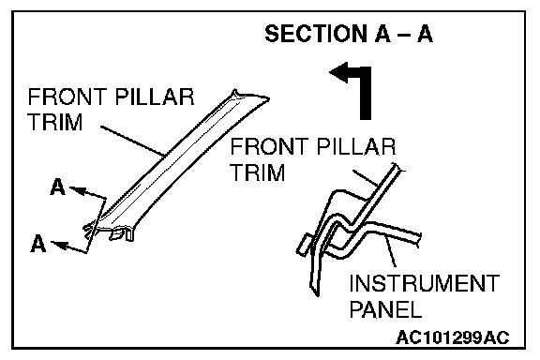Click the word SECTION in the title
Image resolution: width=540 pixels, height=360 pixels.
click(x=317, y=34)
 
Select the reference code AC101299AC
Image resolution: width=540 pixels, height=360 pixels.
click(x=453, y=337)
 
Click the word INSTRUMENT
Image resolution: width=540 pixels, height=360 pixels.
click(x=425, y=283)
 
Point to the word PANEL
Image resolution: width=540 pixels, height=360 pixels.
click(x=385, y=308)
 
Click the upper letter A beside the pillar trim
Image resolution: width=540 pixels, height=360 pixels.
click(x=57, y=187)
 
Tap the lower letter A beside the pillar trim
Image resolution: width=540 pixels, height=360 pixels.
click(x=37, y=243)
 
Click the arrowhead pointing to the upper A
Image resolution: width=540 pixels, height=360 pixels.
click(x=77, y=190)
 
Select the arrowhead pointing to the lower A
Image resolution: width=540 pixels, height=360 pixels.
click(x=58, y=245)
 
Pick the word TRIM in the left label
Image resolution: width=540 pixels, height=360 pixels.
click(x=55, y=122)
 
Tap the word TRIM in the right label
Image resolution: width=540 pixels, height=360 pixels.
click(x=258, y=172)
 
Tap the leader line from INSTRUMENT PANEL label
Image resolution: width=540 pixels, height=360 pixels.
click(x=390, y=251)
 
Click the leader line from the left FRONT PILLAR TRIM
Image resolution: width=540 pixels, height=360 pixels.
click(x=132, y=142)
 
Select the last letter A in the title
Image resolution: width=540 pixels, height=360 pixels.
click(x=425, y=34)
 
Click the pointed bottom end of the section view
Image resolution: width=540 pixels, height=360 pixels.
click(x=317, y=295)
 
